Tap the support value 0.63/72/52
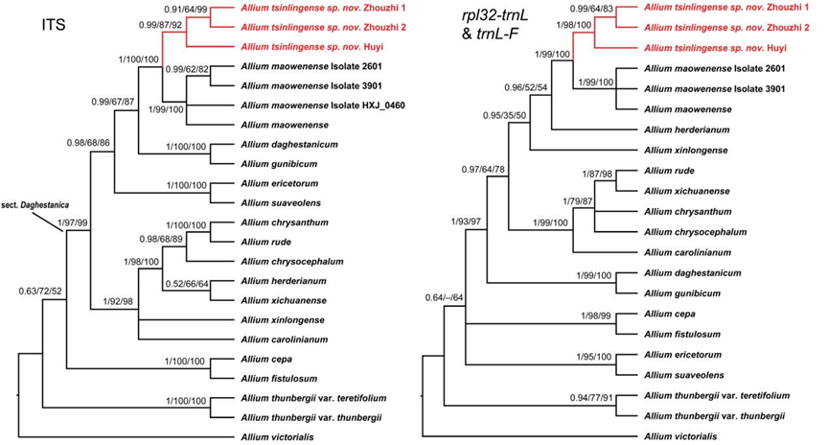(x=44, y=290)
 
